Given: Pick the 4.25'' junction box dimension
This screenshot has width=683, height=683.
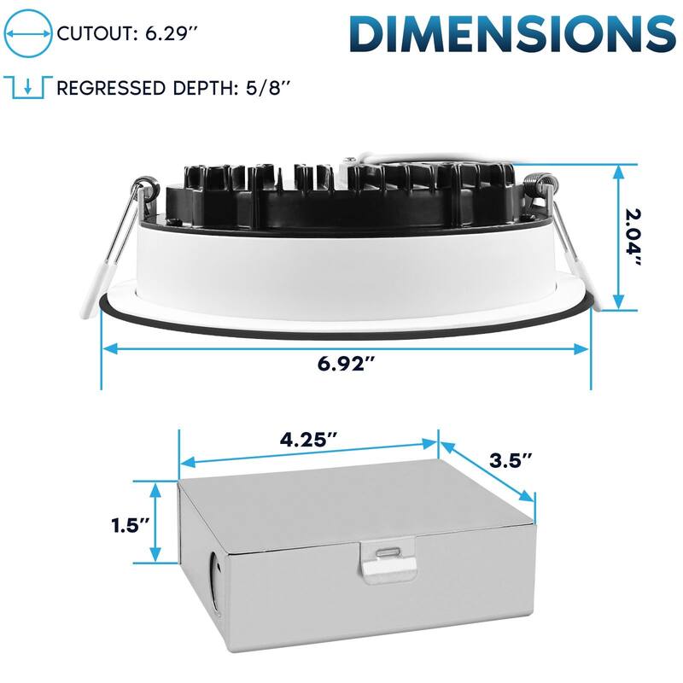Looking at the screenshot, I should pyautogui.click(x=308, y=441).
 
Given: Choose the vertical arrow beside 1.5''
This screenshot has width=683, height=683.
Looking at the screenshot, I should pyautogui.click(x=155, y=522).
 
